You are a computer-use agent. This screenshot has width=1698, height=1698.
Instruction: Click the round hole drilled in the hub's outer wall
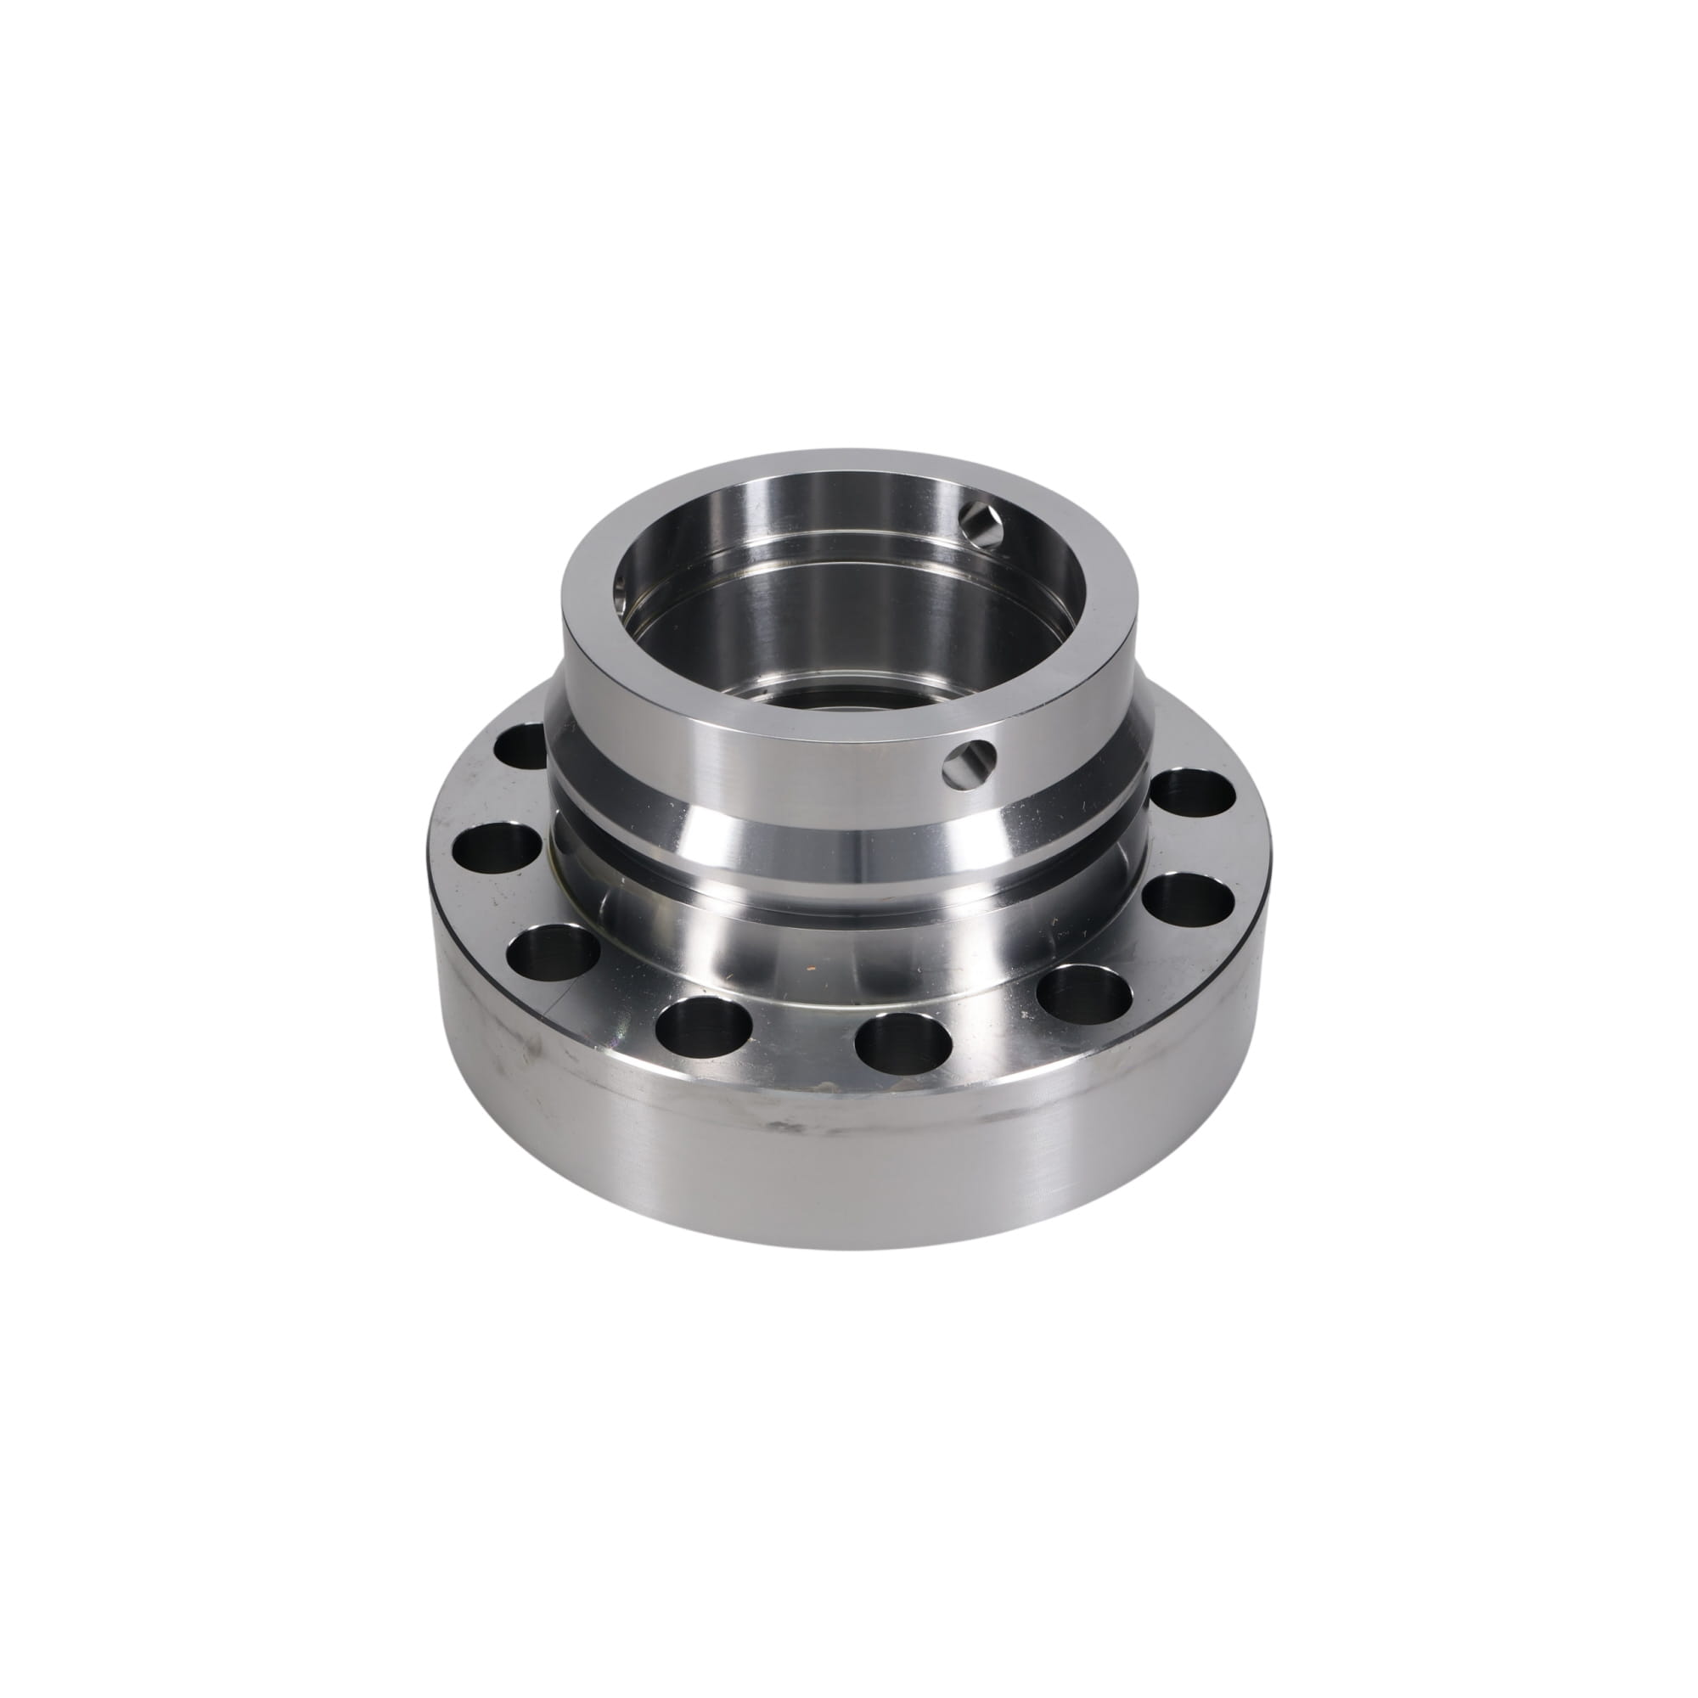(x=970, y=758)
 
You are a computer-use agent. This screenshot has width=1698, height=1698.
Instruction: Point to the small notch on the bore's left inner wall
(x=622, y=581)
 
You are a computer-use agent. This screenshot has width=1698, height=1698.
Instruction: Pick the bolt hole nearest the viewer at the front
(x=902, y=1043)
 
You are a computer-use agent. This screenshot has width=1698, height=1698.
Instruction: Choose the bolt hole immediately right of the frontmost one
(x=1083, y=994)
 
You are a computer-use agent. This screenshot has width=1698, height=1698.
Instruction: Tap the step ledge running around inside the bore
(x=844, y=563)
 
